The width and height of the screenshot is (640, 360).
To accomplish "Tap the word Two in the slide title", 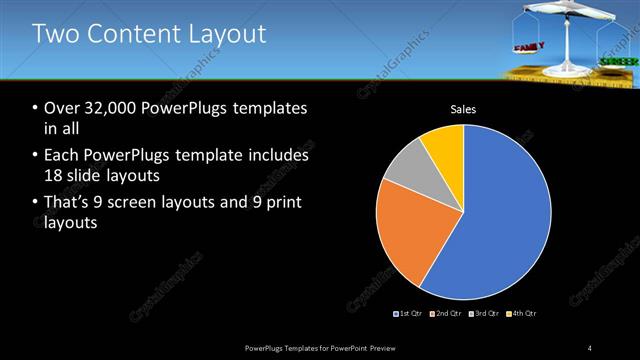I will [56, 35].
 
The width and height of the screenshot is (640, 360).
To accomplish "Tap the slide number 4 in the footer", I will [590, 347].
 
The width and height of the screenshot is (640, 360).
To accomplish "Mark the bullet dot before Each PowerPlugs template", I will [35, 156].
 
